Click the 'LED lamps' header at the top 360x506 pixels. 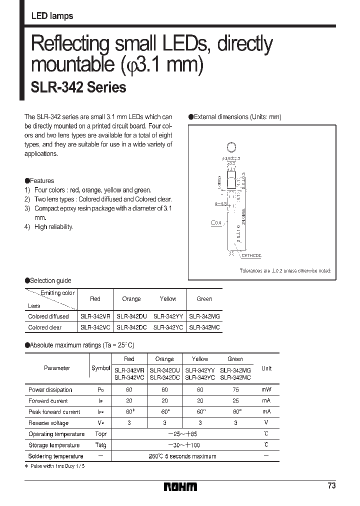(x=52, y=16)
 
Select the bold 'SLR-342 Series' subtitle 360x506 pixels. (x=78, y=87)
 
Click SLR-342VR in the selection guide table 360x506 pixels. (x=95, y=316)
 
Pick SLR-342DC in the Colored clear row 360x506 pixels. (x=131, y=327)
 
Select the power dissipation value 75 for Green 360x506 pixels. (x=235, y=390)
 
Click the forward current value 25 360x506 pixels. (x=235, y=401)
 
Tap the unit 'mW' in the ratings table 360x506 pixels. (x=266, y=390)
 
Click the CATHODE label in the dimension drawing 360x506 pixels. (x=251, y=255)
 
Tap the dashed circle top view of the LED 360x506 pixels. (x=231, y=147)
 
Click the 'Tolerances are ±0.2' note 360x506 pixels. (x=285, y=270)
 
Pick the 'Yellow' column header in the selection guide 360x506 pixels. (x=168, y=299)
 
